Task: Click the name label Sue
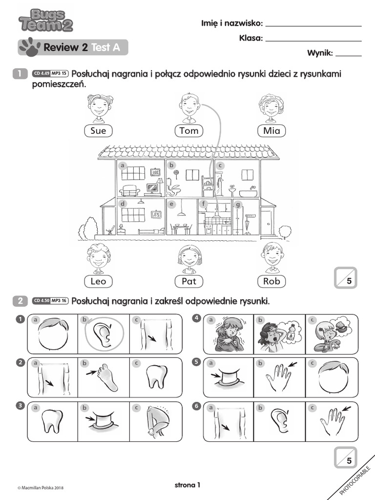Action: click(98, 130)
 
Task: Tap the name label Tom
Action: click(189, 130)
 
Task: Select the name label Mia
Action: click(271, 130)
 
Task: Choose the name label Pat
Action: click(188, 281)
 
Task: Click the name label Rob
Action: click(271, 281)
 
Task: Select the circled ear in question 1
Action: click(103, 333)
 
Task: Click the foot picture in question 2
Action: click(103, 376)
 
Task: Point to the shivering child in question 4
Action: click(227, 334)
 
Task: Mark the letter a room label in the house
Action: click(123, 165)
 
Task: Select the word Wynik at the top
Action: click(320, 53)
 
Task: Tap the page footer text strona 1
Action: click(187, 485)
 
